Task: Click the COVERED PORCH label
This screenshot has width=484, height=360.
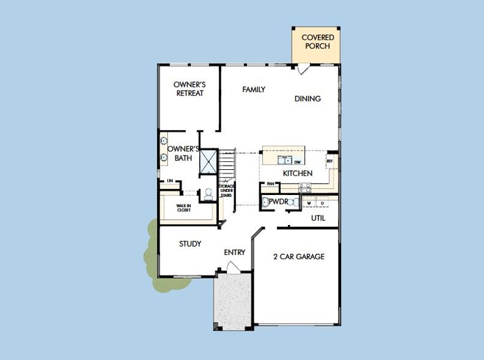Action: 317,41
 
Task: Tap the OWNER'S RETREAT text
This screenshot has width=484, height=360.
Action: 189,89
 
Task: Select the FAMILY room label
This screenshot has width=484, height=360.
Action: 254,89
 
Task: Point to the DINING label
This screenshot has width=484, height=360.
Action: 307,98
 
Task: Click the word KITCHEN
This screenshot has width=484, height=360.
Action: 297,173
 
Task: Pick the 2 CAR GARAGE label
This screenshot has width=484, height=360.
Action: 299,257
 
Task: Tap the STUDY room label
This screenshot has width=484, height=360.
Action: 190,244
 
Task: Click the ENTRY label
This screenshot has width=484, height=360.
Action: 235,253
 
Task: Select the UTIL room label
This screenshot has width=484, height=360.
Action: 318,218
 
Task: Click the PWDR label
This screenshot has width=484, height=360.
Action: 278,202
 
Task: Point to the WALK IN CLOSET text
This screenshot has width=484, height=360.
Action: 184,208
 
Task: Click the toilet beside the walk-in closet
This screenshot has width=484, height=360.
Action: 208,194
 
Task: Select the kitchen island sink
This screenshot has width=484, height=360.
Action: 285,160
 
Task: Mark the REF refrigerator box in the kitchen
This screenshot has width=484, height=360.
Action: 329,161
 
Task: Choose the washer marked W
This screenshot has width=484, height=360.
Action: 309,203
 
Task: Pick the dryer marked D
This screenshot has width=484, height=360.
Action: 322,203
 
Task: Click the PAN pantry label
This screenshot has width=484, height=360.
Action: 270,184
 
